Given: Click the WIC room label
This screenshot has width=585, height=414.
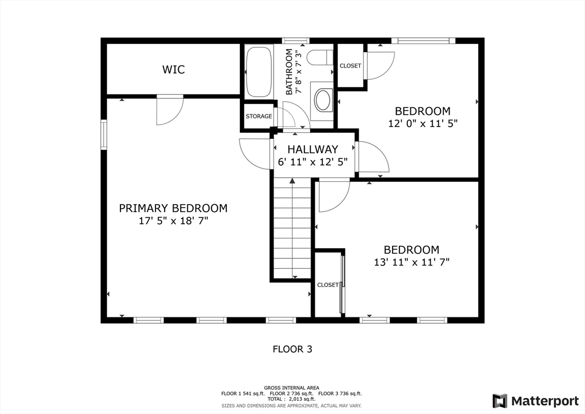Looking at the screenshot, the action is (174, 69).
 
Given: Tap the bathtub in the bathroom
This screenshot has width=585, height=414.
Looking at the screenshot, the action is (259, 71).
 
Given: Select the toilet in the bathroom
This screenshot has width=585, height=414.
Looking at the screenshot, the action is (320, 58).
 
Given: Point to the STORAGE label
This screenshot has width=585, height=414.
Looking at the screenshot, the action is (259, 117).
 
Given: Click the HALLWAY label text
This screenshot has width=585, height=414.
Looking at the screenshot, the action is (312, 149).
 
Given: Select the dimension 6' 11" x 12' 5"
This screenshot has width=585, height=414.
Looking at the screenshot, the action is (312, 162).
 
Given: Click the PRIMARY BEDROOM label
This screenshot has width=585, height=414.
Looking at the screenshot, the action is (173, 208).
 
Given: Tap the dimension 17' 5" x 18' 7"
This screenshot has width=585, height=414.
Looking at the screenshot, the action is (173, 221).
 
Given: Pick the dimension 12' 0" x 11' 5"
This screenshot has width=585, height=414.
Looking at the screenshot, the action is (423, 123).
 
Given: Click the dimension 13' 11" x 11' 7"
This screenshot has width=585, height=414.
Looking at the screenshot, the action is (411, 262).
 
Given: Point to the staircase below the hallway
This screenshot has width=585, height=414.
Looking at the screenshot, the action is (292, 228).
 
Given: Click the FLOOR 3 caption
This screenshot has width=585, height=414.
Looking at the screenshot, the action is (292, 349).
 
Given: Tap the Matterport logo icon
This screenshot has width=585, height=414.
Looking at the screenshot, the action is (500, 401).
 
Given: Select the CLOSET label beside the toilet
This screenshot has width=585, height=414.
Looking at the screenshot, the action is (350, 66).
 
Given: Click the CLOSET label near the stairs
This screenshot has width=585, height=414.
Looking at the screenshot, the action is (327, 285).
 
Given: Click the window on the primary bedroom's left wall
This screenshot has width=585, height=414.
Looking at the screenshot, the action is (104, 134).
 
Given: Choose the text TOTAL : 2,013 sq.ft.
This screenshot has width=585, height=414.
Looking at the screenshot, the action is (291, 399).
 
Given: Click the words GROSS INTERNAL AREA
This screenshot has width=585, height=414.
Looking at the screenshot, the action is (291, 388).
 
